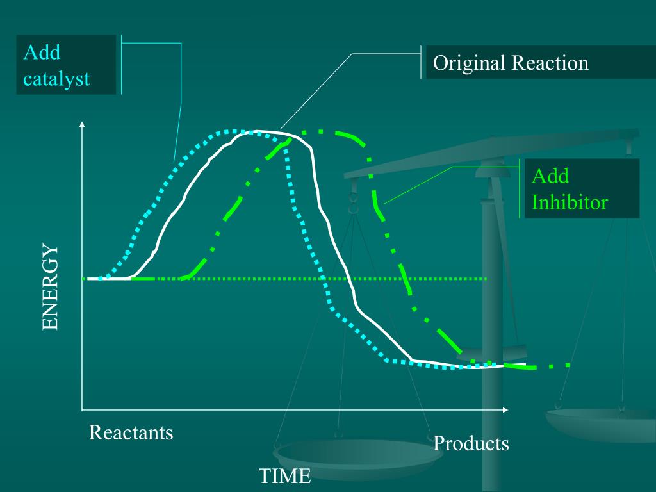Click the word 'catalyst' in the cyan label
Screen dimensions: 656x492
pos(56,78)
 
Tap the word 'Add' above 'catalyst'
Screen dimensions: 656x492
pos(42,52)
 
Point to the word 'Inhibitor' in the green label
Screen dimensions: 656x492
pos(570,202)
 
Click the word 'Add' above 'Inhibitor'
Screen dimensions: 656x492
pos(550,176)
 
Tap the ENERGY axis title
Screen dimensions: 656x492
pos(50,287)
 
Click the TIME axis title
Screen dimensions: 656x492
pos(284,476)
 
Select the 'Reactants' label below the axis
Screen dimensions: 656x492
pos(131,432)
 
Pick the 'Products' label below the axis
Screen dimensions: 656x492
pos(471,443)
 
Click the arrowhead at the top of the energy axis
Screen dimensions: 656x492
pos(82,124)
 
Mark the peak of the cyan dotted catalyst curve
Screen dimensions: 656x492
pos(234,131)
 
